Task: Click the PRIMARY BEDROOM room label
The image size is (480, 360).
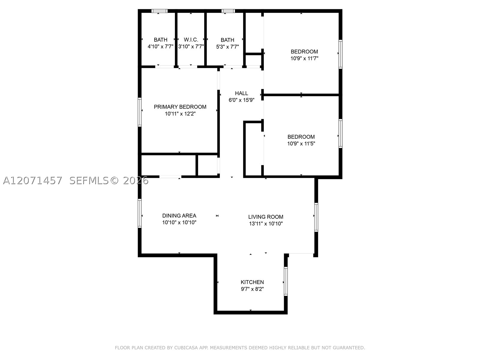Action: pos(180,107)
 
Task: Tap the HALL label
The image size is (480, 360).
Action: pos(241,93)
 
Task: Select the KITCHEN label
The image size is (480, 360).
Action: pos(252,282)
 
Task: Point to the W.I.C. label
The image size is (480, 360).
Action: pos(191,40)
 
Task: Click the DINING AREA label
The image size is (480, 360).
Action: pos(179,216)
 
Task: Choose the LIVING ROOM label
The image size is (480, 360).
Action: pos(266,217)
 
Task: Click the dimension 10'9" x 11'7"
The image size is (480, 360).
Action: pos(304,58)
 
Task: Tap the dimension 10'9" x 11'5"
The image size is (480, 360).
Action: pos(301,144)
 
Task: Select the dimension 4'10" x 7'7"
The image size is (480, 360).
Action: pos(160,46)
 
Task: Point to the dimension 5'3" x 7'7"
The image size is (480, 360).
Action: pos(227,47)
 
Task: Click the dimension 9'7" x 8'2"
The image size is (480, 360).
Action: pos(252,289)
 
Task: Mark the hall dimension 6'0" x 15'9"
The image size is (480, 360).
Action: pos(241,100)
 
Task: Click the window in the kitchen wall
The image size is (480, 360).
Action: pos(286,281)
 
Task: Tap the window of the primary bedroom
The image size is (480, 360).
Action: pos(139,112)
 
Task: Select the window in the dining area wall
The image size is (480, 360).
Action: pos(139,213)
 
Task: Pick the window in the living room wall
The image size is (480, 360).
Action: pos(316,217)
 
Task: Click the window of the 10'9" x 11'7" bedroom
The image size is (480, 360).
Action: pos(340,54)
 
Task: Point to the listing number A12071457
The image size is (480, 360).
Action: pos(33,181)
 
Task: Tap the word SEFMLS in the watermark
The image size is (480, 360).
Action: pos(89,181)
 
